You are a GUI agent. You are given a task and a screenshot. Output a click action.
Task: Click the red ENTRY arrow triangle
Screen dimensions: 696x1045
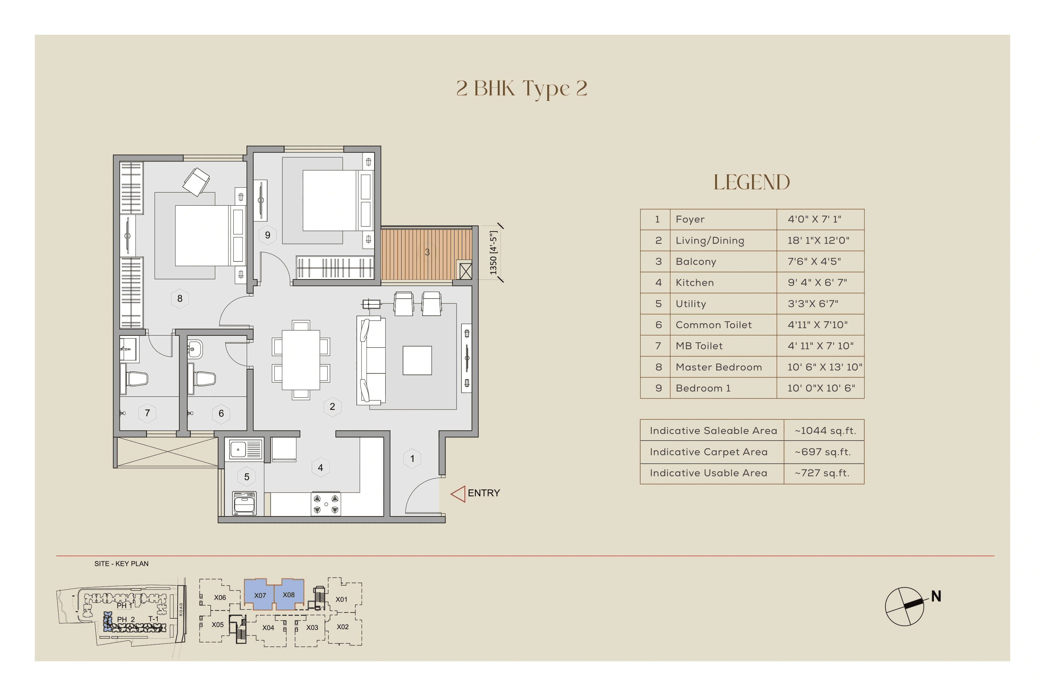pos(458,493)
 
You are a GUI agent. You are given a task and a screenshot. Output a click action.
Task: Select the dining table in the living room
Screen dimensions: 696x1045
pos(301,359)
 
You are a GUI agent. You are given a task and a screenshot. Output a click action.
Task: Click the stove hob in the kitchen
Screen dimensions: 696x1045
pos(326,504)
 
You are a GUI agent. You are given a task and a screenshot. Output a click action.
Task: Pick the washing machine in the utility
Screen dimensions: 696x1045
pos(244,503)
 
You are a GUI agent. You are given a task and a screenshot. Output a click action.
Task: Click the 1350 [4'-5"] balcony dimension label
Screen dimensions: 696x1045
pos(493,253)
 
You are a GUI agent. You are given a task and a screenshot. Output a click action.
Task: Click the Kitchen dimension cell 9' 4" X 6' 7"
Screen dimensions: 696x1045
pos(816,283)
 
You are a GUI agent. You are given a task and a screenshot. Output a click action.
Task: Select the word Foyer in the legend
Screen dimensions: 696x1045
pos(690,219)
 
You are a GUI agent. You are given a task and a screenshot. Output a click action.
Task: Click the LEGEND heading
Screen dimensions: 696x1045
pos(751,182)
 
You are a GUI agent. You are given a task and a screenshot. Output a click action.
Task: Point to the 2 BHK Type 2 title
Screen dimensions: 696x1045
pos(521,88)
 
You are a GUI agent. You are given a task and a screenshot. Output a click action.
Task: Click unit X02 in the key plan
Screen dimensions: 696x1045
pos(342,627)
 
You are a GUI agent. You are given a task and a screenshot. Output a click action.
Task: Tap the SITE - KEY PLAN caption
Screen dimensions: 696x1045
pos(121,564)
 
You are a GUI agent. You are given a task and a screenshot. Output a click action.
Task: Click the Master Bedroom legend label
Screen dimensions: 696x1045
pos(718,367)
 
